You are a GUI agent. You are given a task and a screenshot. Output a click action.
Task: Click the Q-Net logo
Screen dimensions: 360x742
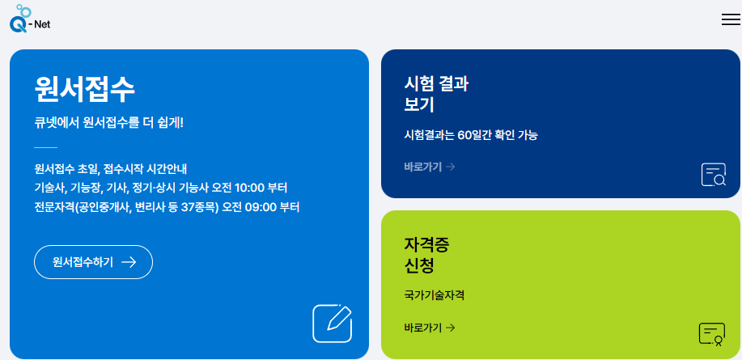[30, 19]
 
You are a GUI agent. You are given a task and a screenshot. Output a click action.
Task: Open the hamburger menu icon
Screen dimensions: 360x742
[731, 20]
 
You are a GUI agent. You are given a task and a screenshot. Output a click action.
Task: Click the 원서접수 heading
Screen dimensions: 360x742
[84, 89]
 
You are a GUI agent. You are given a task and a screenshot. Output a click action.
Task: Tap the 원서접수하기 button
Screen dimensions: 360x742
[93, 262]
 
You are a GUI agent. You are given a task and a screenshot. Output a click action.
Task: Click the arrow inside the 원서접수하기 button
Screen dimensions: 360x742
[128, 262]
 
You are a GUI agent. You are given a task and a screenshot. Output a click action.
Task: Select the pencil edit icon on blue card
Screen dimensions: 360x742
[333, 323]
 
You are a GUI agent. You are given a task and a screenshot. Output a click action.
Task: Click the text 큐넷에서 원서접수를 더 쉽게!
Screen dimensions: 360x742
[109, 123]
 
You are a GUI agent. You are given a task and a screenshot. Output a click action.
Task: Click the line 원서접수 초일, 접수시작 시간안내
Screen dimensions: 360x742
[111, 169]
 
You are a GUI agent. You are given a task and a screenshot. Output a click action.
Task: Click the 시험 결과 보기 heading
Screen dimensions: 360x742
[436, 94]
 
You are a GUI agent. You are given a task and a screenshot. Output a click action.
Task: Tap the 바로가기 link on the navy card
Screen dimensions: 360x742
[429, 167]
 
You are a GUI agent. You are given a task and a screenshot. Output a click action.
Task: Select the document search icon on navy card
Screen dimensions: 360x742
[714, 175]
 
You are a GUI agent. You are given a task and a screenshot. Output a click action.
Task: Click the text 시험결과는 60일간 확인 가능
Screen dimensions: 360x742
[471, 135]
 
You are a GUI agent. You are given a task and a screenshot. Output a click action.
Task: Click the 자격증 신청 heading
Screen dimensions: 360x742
[426, 255]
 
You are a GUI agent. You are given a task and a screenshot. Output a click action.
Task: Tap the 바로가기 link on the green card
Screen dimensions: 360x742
[429, 328]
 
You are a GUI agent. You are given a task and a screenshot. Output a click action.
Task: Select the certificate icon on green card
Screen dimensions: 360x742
[711, 333]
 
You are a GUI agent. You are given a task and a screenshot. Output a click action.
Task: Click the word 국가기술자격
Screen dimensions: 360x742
[434, 295]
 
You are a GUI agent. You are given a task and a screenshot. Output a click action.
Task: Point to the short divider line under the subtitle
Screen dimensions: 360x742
[45, 147]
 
